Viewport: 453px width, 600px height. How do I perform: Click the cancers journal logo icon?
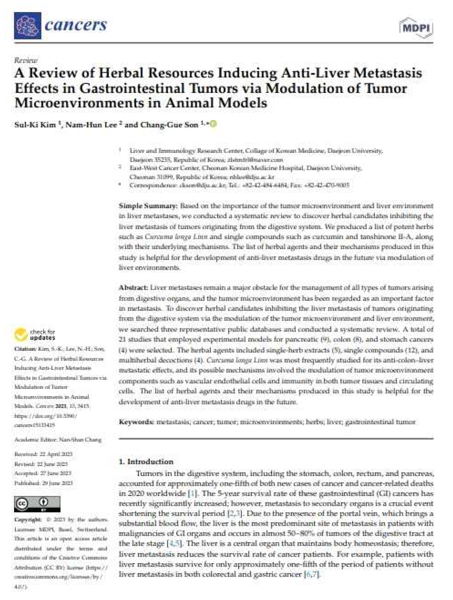pyautogui.click(x=28, y=26)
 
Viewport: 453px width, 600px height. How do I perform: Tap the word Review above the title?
pyautogui.click(x=26, y=60)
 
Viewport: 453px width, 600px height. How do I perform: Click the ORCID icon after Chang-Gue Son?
pyautogui.click(x=213, y=124)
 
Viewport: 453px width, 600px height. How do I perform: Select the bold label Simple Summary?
pyautogui.click(x=148, y=206)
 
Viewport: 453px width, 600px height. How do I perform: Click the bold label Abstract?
pyautogui.click(x=133, y=288)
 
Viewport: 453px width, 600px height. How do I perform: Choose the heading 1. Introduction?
pyautogui.click(x=146, y=462)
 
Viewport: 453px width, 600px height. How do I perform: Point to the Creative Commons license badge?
pyautogui.click(x=37, y=504)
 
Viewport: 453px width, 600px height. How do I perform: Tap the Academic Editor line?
pyautogui.click(x=58, y=440)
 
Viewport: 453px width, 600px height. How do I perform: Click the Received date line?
pyautogui.click(x=43, y=454)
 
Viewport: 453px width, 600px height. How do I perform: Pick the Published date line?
pyautogui.click(x=43, y=483)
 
